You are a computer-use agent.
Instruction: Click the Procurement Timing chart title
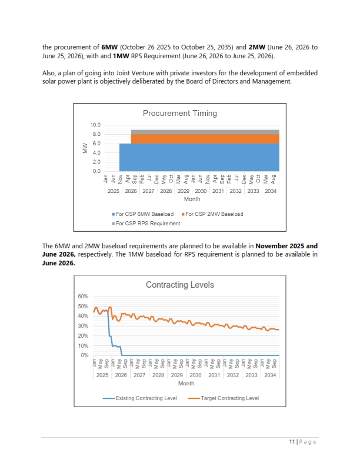tap(179, 113)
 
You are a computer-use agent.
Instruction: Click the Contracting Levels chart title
tap(179, 285)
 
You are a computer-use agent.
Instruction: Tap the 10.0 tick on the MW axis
tap(95, 125)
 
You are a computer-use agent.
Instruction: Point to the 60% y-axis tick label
tap(83, 297)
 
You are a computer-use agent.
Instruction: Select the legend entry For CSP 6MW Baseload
tap(142, 214)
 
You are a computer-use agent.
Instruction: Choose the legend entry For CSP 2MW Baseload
tap(212, 214)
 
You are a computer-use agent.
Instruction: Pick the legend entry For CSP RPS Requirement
tap(146, 223)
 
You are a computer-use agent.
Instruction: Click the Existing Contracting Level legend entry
tap(139, 398)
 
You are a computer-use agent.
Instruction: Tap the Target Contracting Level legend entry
tap(224, 398)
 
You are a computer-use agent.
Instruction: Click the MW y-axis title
tap(85, 148)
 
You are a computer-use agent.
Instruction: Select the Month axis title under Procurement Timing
tap(192, 199)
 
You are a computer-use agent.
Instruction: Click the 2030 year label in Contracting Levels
tap(195, 375)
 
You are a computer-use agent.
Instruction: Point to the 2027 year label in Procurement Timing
tap(148, 191)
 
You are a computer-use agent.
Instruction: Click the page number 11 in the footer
tap(292, 442)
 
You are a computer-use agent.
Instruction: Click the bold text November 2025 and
tap(286, 246)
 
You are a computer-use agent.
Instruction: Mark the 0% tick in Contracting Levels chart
tap(85, 355)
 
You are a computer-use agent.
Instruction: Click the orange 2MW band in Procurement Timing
tap(205, 139)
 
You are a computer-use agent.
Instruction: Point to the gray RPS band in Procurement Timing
tap(205, 132)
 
